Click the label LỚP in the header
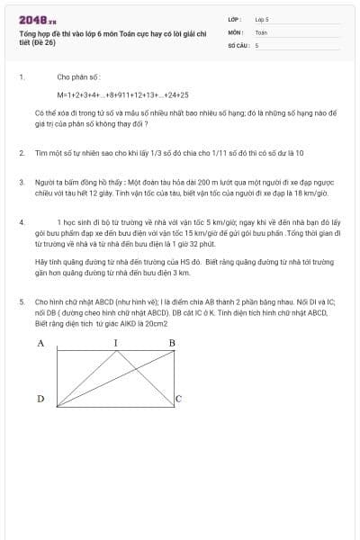point(235,19)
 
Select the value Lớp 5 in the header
point(262,19)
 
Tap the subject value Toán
point(261,31)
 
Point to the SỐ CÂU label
point(238,44)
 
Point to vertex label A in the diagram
point(40,344)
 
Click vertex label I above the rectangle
point(115,344)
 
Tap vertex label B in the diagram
point(172,344)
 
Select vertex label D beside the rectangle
point(40,398)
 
